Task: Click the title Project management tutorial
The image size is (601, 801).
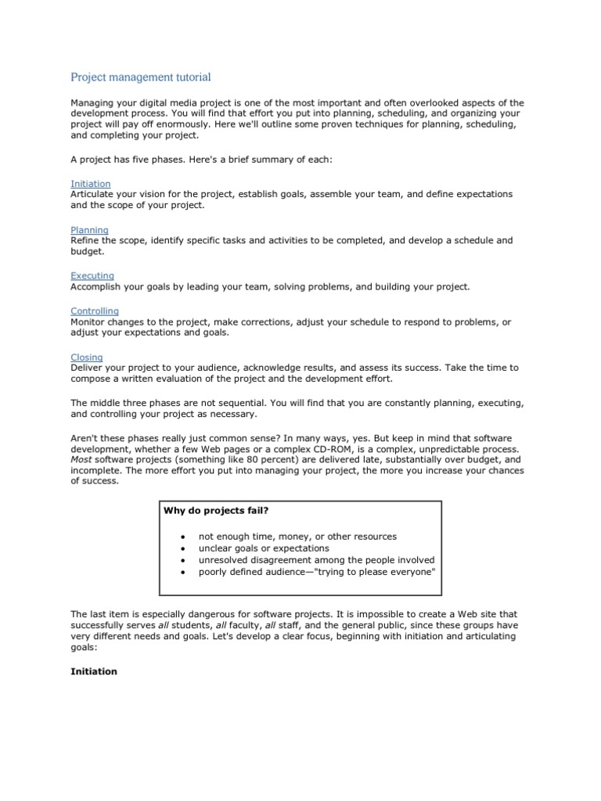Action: coord(141,77)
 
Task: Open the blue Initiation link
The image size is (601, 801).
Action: coord(91,184)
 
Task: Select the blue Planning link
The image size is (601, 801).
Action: coord(89,230)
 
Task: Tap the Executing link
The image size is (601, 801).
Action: coord(92,276)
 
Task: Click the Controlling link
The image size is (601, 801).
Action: coord(95,311)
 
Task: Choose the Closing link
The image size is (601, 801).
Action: coord(87,357)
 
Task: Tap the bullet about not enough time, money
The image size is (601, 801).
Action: coord(297,537)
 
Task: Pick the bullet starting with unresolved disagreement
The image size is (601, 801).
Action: coord(316,560)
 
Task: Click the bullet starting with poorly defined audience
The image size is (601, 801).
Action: coord(316,572)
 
